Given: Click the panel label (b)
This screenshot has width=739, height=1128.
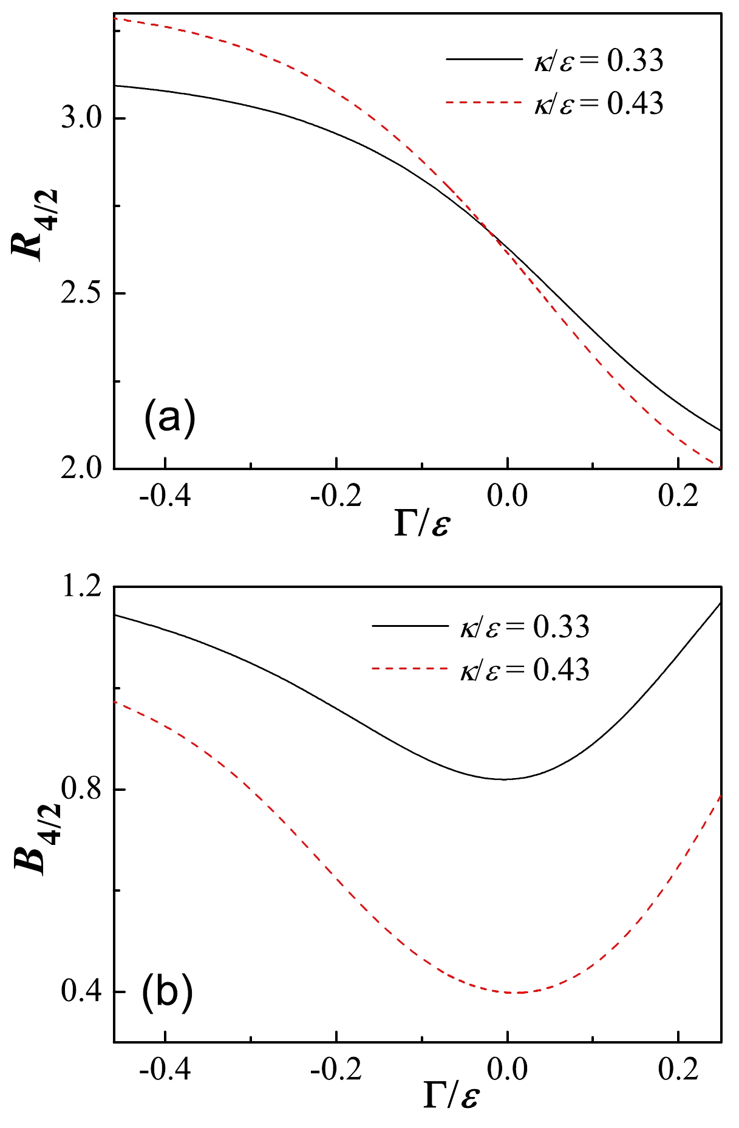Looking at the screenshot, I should [x=168, y=991].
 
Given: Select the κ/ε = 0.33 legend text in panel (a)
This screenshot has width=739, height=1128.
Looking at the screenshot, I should [x=598, y=61].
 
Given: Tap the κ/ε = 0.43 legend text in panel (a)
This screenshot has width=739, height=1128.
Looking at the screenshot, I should [x=598, y=103].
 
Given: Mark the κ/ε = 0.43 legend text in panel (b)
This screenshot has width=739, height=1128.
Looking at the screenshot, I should [x=524, y=669].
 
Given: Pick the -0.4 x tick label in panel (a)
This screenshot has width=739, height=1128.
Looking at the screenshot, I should [x=165, y=496].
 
